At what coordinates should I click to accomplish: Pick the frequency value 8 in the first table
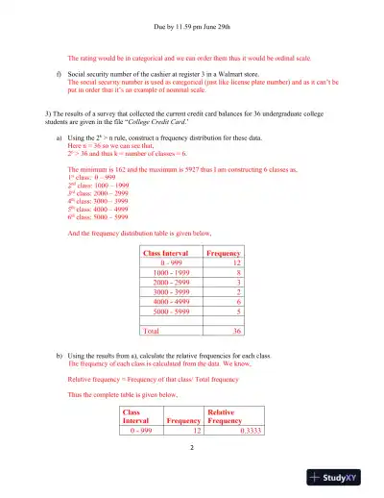[x=236, y=272]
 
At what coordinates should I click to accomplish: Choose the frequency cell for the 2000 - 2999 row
[x=236, y=283]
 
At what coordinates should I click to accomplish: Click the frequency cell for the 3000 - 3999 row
[x=236, y=293]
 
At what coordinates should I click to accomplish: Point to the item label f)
[x=60, y=72]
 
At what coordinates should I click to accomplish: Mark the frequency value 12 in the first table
[x=234, y=261]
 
